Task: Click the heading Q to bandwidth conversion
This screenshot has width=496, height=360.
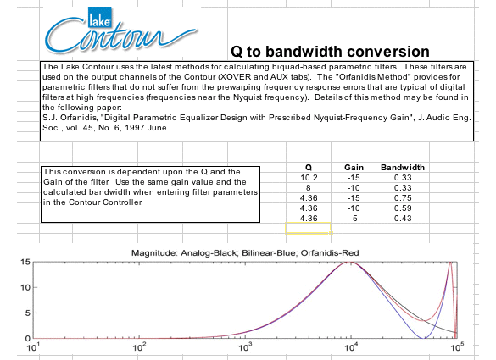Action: pos(330,51)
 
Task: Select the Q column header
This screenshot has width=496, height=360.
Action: pos(309,167)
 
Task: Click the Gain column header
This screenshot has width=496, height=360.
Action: pos(354,167)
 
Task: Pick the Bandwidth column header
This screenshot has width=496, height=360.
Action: pos(403,167)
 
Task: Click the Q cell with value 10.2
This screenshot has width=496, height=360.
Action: pos(309,178)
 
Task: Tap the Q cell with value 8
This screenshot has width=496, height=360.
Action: pos(309,188)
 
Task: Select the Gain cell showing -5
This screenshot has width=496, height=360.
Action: pos(354,218)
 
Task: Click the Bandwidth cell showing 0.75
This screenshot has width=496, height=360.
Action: pos(403,198)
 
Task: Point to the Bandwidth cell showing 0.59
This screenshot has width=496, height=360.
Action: pos(403,208)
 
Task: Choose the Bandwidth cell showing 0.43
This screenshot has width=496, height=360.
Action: pos(403,218)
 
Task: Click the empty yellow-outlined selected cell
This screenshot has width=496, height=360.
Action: pos(309,228)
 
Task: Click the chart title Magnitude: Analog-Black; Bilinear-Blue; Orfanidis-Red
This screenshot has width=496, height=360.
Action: pos(245,253)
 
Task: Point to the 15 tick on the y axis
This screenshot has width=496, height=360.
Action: pos(25,262)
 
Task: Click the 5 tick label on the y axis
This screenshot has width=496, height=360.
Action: pos(27,313)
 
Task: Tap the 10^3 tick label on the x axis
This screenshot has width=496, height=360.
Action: pos(244,347)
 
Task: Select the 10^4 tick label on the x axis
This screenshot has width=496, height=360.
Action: pos(350,347)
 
